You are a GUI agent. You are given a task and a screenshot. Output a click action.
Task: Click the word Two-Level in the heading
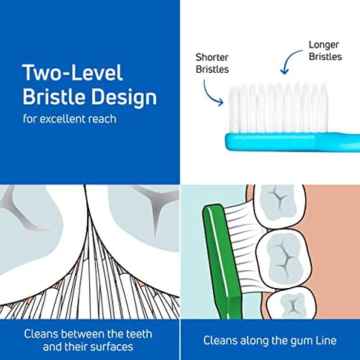click(x=73, y=73)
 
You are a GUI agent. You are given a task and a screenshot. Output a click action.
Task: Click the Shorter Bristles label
click(x=212, y=63)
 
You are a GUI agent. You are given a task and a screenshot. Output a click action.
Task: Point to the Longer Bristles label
click(x=325, y=50)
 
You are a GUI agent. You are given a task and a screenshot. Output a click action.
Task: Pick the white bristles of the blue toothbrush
click(x=278, y=108)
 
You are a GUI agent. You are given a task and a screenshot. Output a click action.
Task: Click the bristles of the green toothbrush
click(x=246, y=247)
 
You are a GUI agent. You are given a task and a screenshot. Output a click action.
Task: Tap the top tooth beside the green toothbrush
click(x=280, y=205)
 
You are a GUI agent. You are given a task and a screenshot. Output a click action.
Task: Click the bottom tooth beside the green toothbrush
click(x=291, y=303)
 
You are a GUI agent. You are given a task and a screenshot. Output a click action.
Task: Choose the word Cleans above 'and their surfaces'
click(x=41, y=334)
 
